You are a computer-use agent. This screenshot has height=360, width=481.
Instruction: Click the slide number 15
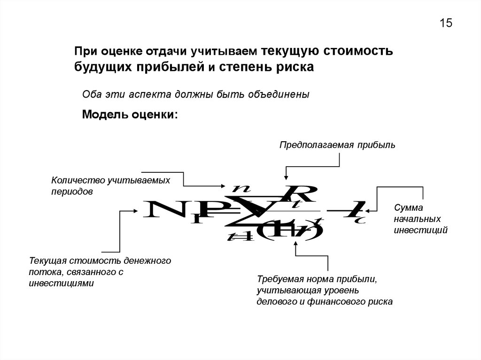click(x=446, y=23)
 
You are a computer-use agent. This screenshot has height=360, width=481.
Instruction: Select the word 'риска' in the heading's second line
click(x=296, y=67)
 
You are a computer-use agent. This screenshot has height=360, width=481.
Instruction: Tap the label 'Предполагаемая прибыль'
click(x=338, y=145)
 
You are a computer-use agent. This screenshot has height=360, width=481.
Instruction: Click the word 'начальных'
click(x=417, y=219)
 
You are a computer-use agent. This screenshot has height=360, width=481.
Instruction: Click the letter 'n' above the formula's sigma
click(x=242, y=188)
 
